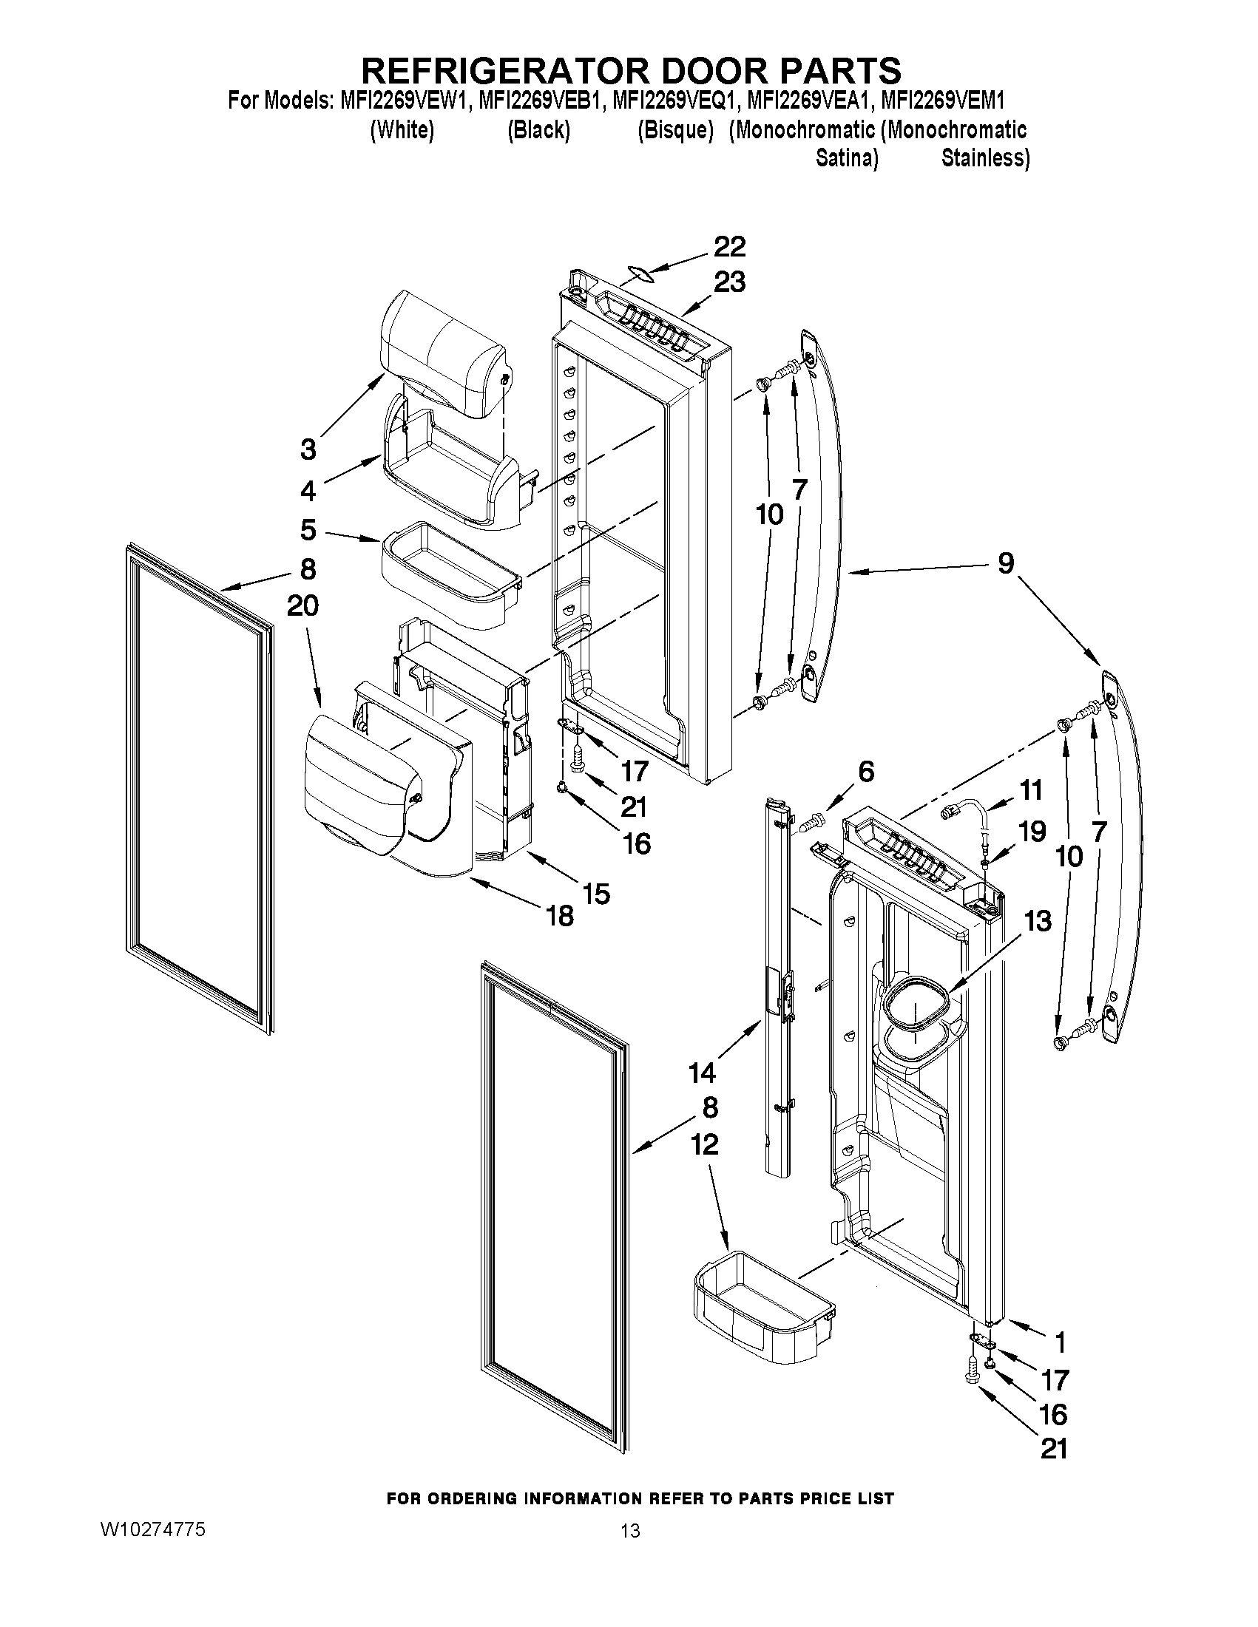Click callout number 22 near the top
point(730,247)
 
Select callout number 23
point(730,282)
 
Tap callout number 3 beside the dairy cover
point(308,449)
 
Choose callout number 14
point(702,1073)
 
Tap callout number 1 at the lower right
point(1060,1342)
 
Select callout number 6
point(866,772)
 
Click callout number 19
point(1032,831)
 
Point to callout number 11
point(1031,789)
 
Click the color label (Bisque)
point(675,129)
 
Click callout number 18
point(561,915)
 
